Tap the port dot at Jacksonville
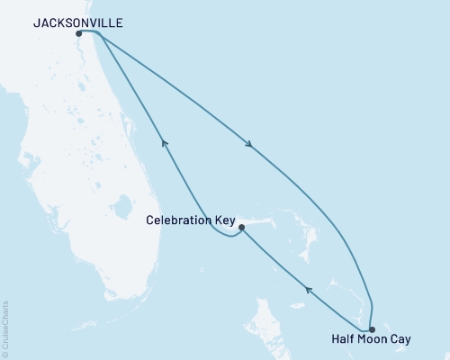coord(80,34)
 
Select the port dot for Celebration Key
coord(241,228)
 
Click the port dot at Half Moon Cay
coord(373,329)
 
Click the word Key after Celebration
coord(225,219)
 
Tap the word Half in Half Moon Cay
coord(344,342)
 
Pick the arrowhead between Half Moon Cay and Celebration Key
coord(308,290)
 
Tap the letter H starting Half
coord(335,342)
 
